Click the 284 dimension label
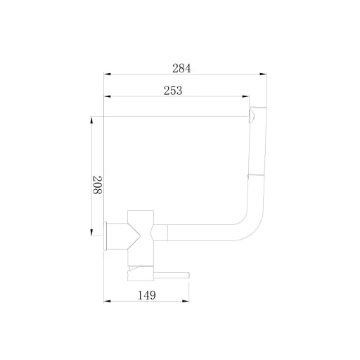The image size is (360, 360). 181,68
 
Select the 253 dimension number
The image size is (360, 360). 173,91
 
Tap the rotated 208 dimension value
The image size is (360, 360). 97,185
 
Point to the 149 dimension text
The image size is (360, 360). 147,295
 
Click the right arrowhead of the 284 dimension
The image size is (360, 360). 263,74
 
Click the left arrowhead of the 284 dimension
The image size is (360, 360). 108,74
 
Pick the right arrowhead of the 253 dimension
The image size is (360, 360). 245,96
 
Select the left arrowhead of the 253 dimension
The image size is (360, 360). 108,96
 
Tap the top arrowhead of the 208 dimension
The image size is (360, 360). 91,120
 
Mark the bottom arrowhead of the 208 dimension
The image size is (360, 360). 91,232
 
